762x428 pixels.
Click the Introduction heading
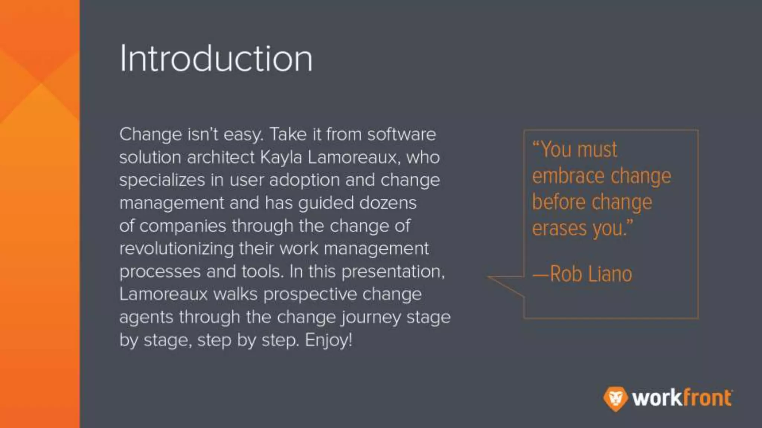pos(216,59)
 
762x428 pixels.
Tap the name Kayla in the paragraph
pos(281,158)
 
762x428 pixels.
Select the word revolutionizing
pos(176,249)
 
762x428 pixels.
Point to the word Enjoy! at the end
pos(329,340)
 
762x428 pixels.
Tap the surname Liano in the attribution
pos(610,275)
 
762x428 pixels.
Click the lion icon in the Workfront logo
pos(615,398)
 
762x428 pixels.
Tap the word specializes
pos(162,181)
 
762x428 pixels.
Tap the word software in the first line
pos(401,134)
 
